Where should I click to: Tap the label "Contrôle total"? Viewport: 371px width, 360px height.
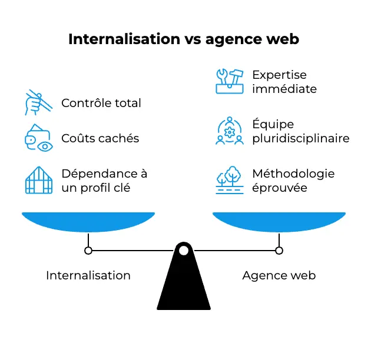click(x=101, y=104)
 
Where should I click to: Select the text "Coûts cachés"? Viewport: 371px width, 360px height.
click(x=100, y=139)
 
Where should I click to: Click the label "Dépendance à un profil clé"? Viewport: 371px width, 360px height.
click(x=104, y=181)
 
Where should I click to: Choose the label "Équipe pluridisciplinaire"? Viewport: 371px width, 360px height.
click(x=300, y=132)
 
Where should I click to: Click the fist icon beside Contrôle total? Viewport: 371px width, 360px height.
click(x=37, y=103)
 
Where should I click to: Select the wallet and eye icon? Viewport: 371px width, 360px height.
click(x=38, y=139)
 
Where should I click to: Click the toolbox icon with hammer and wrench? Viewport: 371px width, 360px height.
click(x=230, y=82)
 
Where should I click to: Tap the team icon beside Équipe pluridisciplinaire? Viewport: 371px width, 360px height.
click(x=230, y=132)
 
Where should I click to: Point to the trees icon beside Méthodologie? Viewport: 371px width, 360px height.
click(x=230, y=181)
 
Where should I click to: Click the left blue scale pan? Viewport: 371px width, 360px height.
click(x=88, y=222)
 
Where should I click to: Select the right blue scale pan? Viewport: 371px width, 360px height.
click(x=279, y=222)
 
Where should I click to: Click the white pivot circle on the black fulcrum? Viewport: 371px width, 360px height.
click(x=184, y=251)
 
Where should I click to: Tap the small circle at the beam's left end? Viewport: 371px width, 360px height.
click(x=88, y=251)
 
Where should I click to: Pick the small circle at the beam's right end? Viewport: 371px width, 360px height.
click(x=279, y=251)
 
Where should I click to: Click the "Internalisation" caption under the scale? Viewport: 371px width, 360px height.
click(x=88, y=275)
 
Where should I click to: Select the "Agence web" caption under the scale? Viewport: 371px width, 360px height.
click(x=279, y=275)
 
